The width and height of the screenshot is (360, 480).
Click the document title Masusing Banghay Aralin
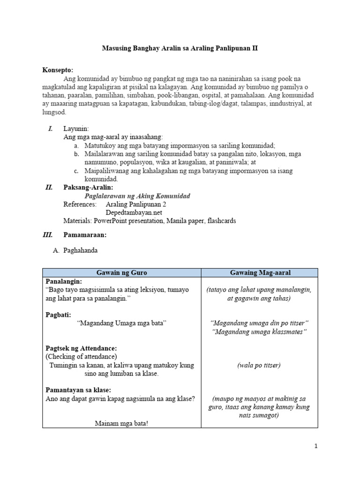coord(180,48)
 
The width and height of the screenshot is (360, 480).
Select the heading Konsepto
coord(58,70)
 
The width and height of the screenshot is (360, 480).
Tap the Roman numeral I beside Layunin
coord(50,128)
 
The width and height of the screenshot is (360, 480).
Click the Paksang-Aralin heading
coord(88,187)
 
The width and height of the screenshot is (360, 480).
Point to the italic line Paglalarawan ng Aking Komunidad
coord(137,196)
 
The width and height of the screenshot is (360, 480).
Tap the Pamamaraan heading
coord(85,234)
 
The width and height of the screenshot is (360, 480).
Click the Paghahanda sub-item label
coord(80,250)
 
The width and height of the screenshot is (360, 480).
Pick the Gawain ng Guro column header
coord(121,272)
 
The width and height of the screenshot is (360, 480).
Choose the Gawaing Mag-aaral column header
coord(259,272)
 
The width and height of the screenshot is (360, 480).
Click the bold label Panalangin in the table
coord(64,281)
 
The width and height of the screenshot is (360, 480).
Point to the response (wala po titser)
coord(259,365)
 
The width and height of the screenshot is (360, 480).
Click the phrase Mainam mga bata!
coord(121,423)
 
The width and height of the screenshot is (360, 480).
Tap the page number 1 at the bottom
coord(316,446)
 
